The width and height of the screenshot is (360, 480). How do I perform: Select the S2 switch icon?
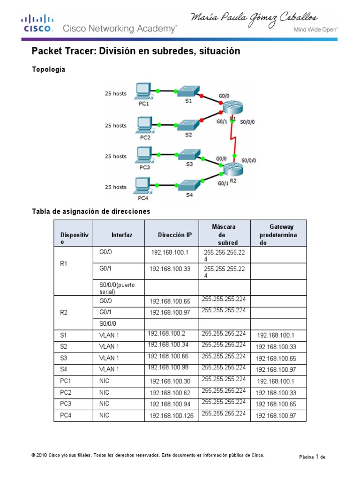(188, 124)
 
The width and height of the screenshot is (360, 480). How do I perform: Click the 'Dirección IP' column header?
(175, 235)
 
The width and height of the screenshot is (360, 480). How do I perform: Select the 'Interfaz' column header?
(122, 235)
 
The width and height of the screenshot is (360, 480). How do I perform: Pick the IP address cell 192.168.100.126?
(172, 415)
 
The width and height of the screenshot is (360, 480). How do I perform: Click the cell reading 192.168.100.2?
(167, 334)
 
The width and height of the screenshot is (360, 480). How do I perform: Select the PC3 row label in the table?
(65, 404)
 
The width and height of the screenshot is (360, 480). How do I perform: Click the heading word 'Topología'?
(48, 69)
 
